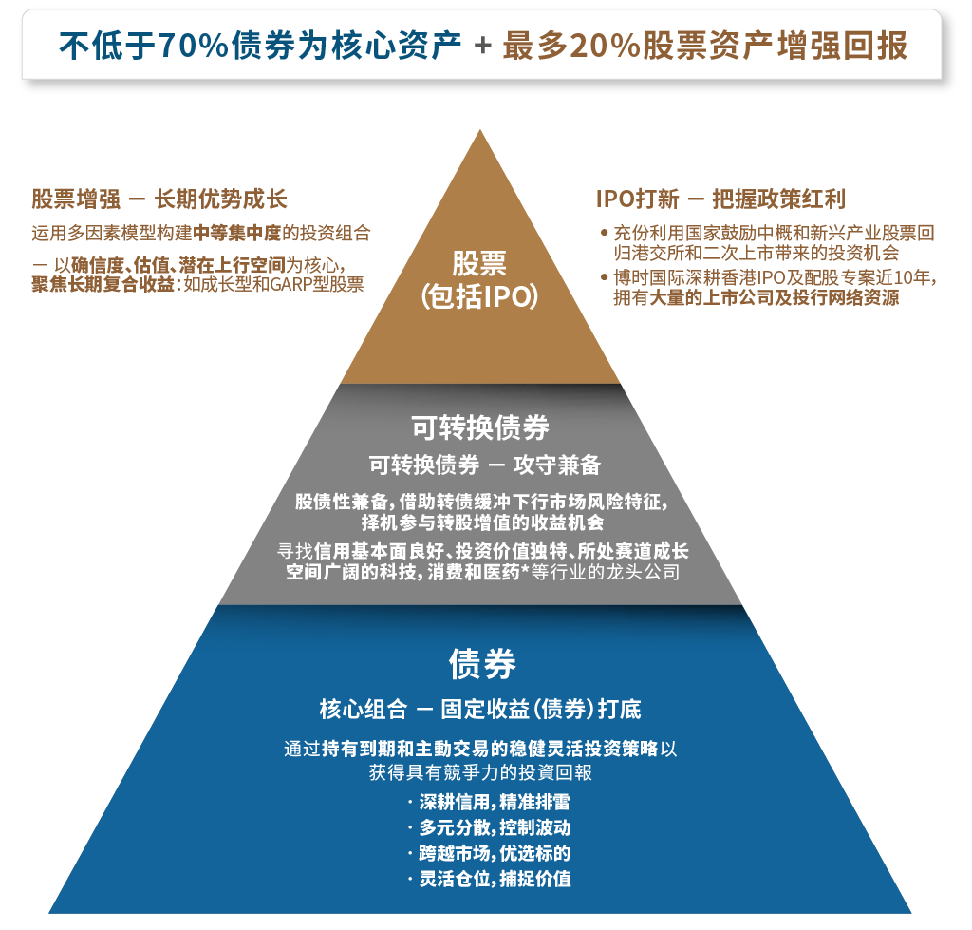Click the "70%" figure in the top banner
click(195, 46)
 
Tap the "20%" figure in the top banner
click(605, 46)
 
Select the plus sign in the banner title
click(483, 46)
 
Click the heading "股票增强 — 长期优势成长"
click(159, 199)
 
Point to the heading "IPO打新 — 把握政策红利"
click(720, 199)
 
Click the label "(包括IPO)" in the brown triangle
click(479, 296)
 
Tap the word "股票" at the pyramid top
click(479, 263)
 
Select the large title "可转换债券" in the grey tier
click(480, 427)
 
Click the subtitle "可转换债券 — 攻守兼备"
click(485, 465)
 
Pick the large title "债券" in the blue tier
click(482, 664)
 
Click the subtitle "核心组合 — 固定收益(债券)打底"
click(480, 709)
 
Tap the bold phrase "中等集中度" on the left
click(236, 234)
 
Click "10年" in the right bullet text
click(911, 277)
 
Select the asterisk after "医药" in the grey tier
click(524, 570)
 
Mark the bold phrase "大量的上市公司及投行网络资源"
click(774, 297)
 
